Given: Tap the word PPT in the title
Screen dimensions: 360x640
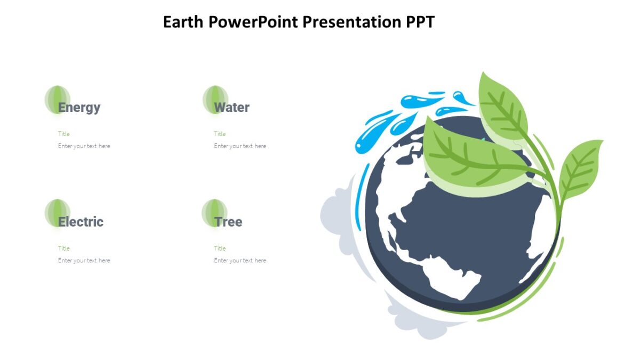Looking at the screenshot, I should click(x=420, y=22).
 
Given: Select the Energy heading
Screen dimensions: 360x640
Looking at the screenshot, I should click(x=79, y=107).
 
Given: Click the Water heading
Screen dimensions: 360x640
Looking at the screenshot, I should click(x=231, y=107).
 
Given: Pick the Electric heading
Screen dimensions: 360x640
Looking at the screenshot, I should click(x=81, y=222).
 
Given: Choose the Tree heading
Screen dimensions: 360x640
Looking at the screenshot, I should click(x=228, y=222).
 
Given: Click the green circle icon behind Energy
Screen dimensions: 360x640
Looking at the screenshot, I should click(x=57, y=99).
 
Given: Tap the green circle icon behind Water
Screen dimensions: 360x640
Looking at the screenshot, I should click(x=215, y=99).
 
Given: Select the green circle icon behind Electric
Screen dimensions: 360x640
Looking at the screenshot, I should click(x=57, y=212).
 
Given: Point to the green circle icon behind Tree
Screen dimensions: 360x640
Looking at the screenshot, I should click(x=214, y=212).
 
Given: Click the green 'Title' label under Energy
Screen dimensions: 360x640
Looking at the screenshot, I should click(x=64, y=134).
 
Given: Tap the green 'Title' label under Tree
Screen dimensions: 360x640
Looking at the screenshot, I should click(x=220, y=249).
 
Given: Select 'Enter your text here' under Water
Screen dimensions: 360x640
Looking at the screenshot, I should click(x=240, y=146).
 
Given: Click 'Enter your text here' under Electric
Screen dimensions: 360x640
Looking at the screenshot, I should click(x=84, y=261).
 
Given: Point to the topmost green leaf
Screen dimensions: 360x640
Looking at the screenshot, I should click(x=501, y=107).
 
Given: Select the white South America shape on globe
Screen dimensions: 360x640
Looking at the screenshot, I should click(x=453, y=277).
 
